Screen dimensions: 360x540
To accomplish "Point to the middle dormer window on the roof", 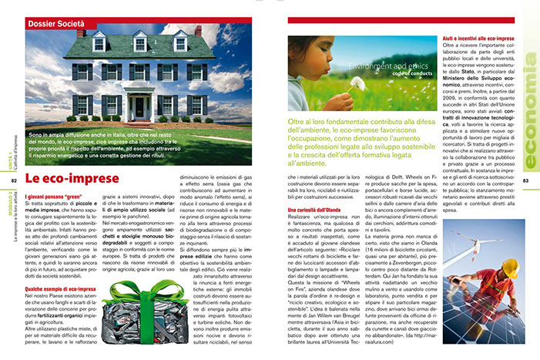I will pyautogui.click(x=139, y=43).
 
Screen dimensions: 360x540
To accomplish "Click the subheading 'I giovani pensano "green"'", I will pyautogui.click(x=55, y=199).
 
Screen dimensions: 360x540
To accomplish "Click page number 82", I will pyautogui.click(x=13, y=181).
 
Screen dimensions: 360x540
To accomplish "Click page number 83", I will pyautogui.click(x=526, y=181).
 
